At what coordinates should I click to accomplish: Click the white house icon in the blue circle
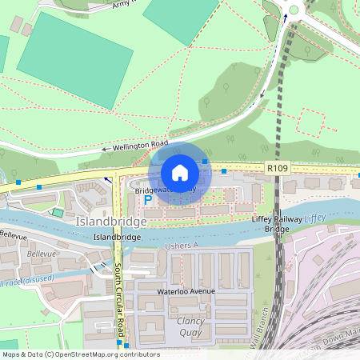coord(180,173)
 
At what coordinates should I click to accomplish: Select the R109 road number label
coord(276,169)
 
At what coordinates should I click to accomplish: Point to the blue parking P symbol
coord(148,199)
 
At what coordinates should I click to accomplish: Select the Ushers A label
coord(181,246)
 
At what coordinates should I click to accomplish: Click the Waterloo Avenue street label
coord(186,291)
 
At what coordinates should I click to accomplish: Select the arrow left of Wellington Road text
coord(104,150)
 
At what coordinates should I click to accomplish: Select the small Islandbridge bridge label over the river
coord(117,238)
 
